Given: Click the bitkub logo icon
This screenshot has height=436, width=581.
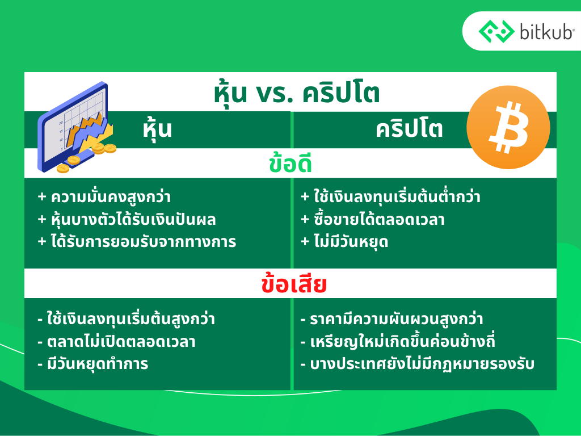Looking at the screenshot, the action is pos(496,31).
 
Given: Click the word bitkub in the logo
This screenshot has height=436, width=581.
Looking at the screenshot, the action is pos(546,32).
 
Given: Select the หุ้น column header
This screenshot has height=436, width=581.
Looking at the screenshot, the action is pos(158,130).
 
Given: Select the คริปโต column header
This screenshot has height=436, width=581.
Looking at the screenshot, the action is pos(409,129).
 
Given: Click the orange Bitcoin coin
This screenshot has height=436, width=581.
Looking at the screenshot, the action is pos(508,127).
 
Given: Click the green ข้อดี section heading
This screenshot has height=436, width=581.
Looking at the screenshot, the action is pos(290,164).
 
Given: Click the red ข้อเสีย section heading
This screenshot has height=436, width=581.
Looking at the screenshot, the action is pos(294,284).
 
